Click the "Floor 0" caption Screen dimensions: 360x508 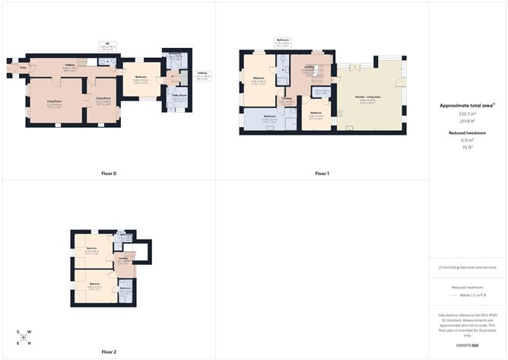tap(109, 174)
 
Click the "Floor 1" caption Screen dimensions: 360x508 tap(322, 174)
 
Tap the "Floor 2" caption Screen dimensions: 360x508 tap(109, 352)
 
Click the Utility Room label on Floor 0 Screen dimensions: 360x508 tap(179, 97)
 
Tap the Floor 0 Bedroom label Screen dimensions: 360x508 tap(141, 78)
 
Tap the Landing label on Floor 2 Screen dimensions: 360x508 tap(123, 260)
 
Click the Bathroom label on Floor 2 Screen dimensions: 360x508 tap(125, 288)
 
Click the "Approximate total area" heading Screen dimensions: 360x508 tap(467, 106)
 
